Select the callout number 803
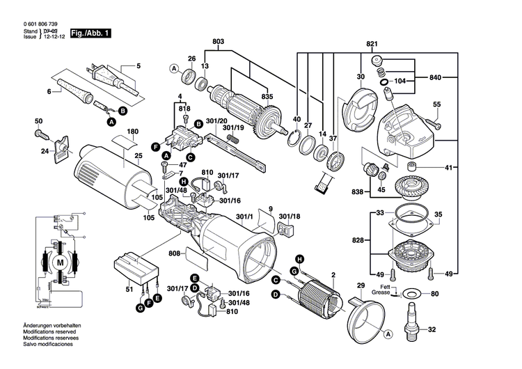point(219,43)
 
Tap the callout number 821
point(372,44)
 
